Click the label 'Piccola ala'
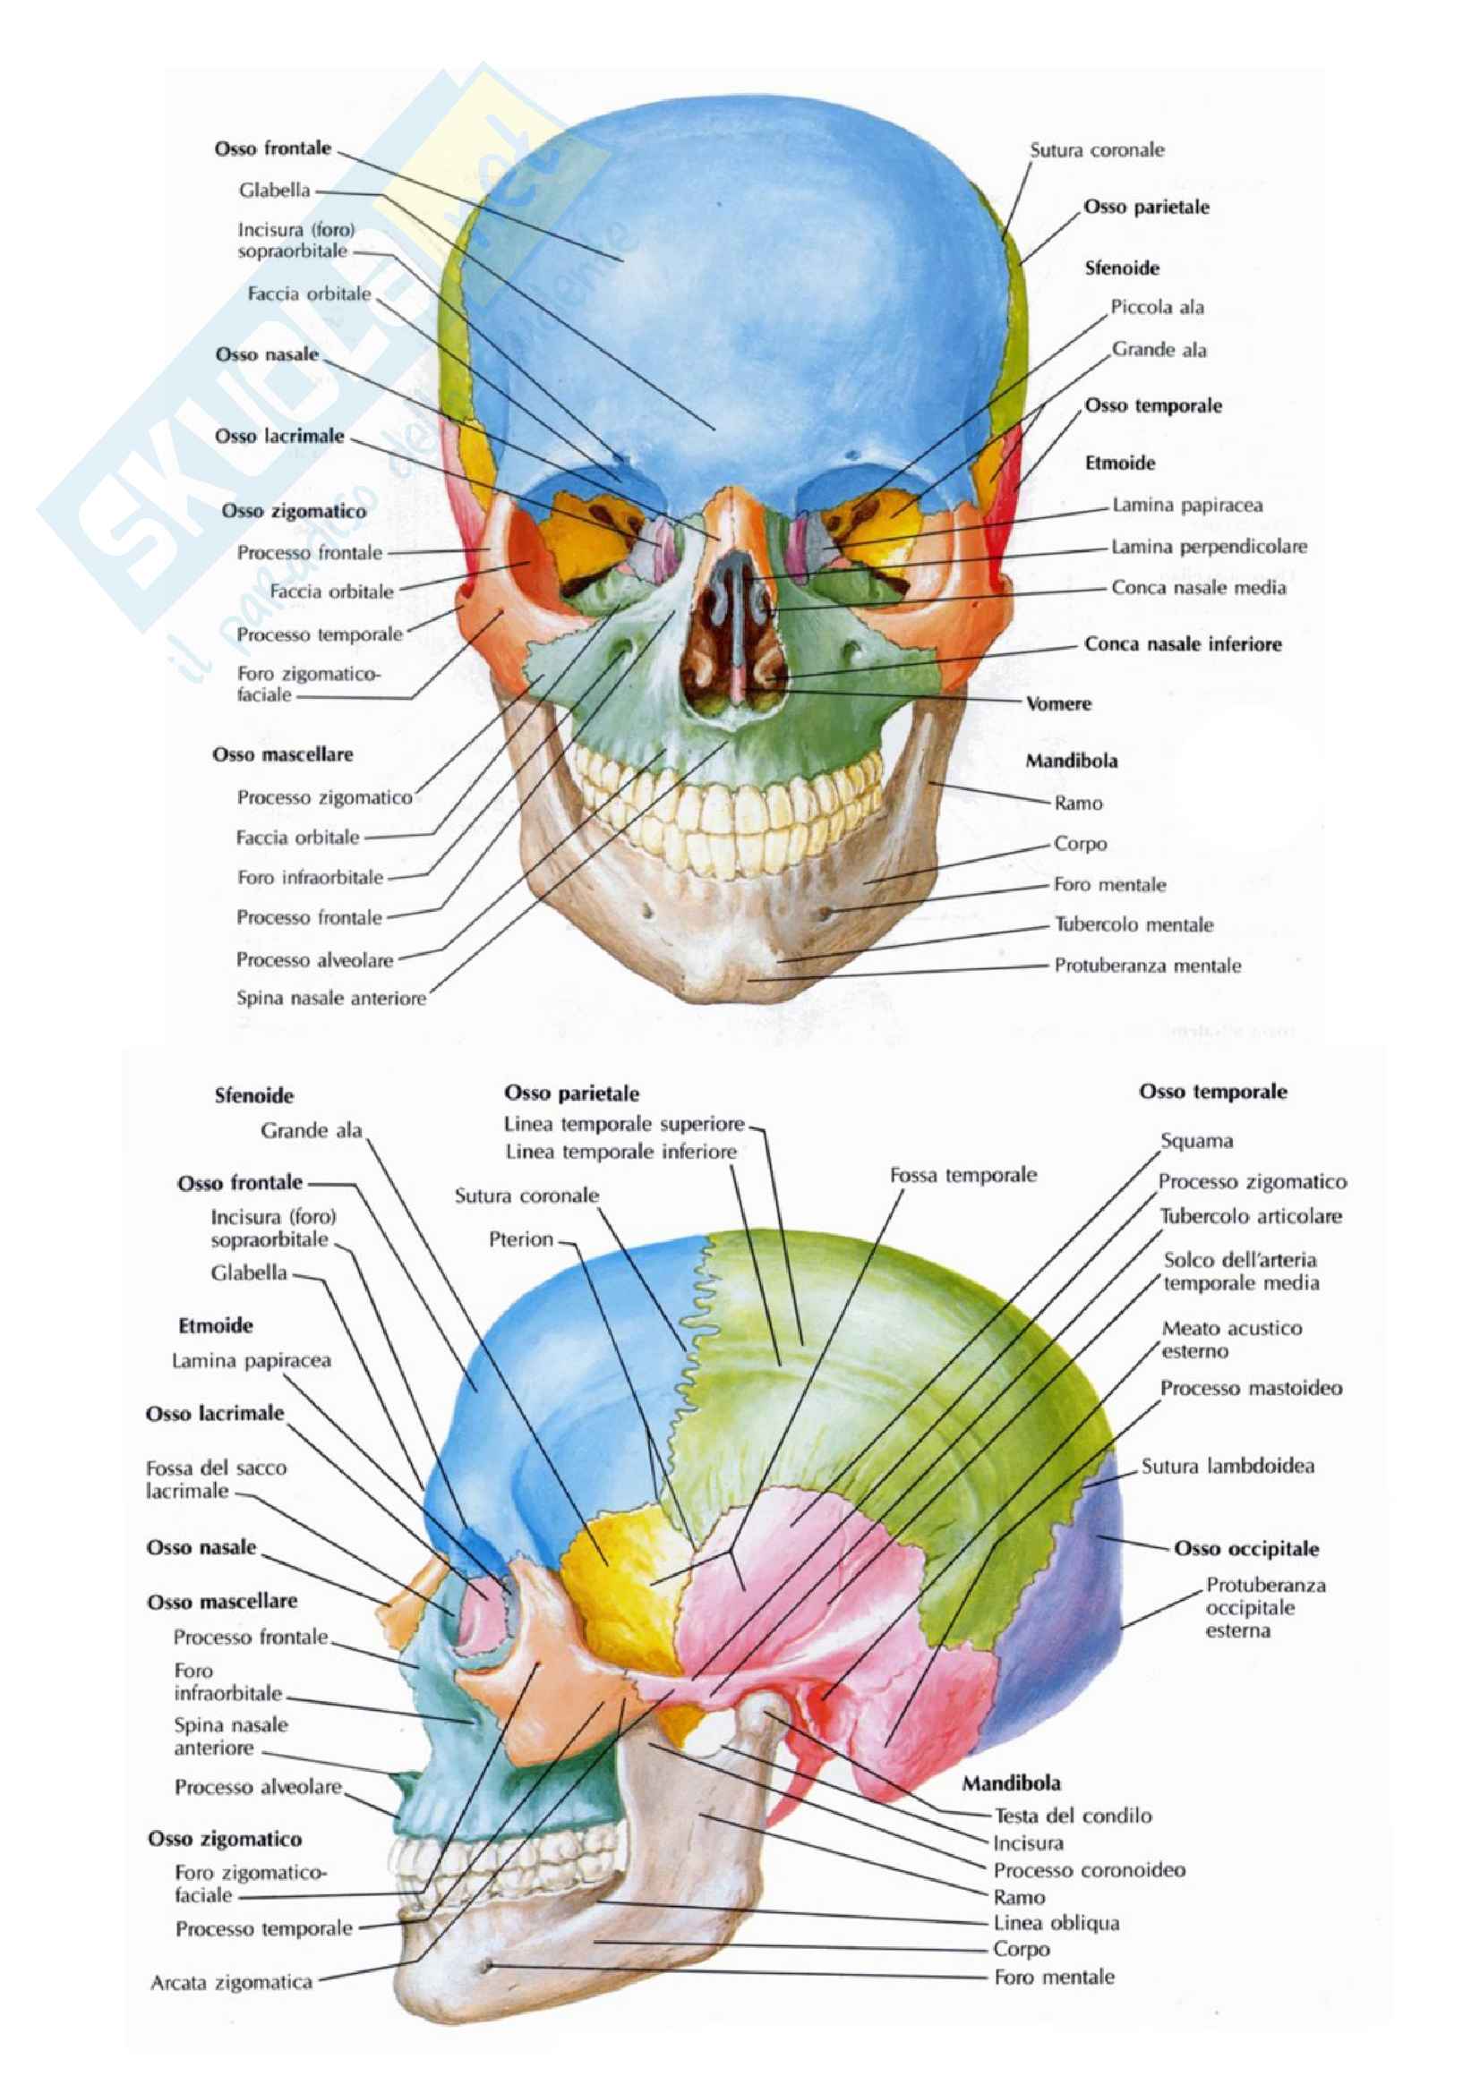pos(1156,307)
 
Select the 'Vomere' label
pos(1057,703)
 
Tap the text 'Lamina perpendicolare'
pos(1208,547)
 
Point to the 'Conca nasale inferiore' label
pos(1182,644)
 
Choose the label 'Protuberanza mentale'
pos(1147,966)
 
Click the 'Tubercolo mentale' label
pos(1134,924)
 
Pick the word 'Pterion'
pos(521,1239)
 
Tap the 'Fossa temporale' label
pos(963,1175)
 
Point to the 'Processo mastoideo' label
pos(1251,1389)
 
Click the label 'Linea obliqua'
pos(1056,1924)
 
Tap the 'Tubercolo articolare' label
pos(1250,1216)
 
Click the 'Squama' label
pos(1196,1140)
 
